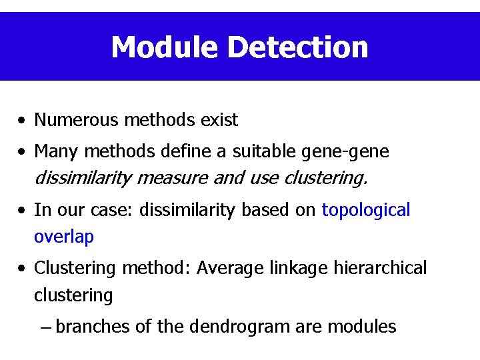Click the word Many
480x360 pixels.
[x=55, y=152]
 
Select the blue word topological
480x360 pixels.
[x=366, y=211]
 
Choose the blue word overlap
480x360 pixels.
[x=64, y=237]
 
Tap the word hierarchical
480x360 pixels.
[x=379, y=268]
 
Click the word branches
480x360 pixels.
[x=93, y=327]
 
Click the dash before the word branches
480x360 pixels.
[x=45, y=327]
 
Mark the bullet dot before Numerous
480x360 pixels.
[x=23, y=121]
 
